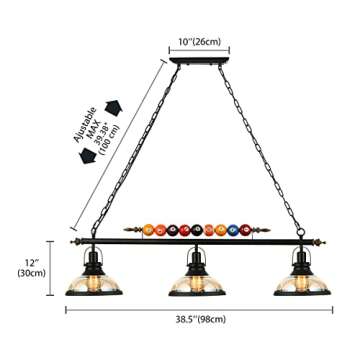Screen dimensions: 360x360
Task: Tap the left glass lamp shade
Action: [83, 282]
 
